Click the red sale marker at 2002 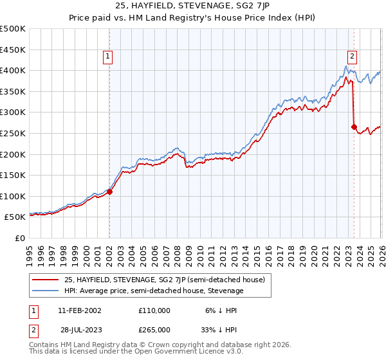109,192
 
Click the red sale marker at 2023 354,127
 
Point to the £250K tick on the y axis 14,133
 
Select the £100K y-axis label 14,196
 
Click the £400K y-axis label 14,70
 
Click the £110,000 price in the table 154,310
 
